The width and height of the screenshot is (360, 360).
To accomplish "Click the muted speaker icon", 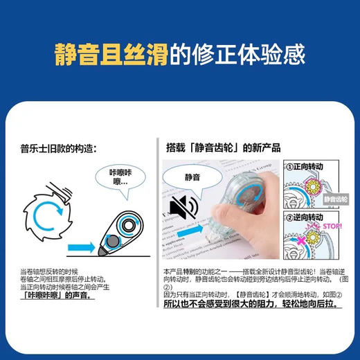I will [186, 208].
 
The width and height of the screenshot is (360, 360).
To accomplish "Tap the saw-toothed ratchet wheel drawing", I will [48, 206].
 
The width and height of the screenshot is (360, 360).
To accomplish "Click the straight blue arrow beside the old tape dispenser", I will [85, 244].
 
